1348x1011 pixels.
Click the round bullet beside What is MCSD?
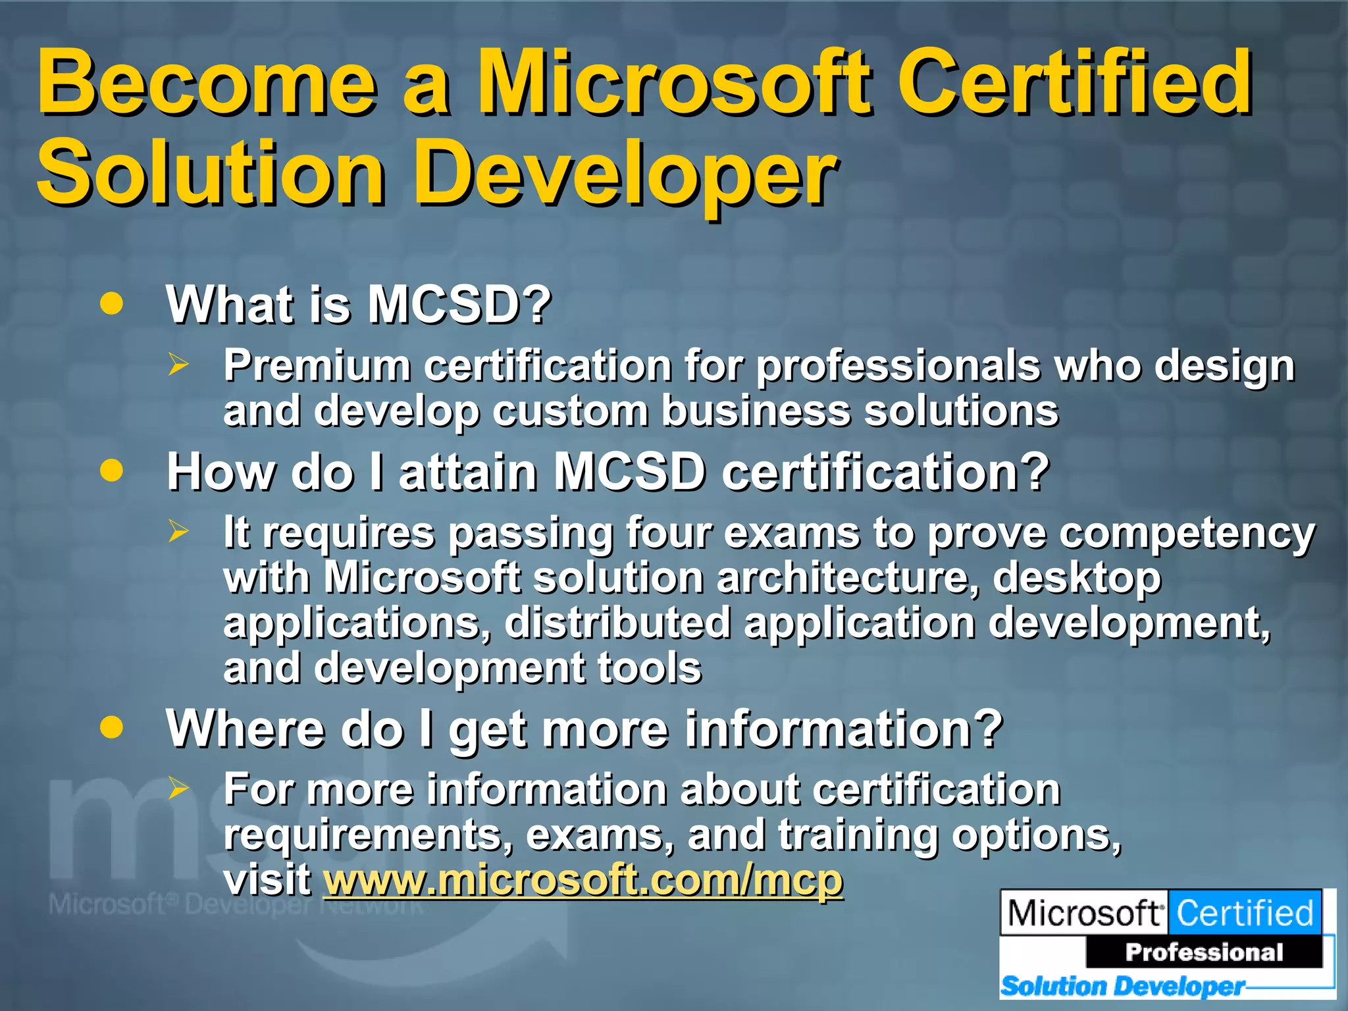[x=112, y=303]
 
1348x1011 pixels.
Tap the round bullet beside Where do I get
[x=112, y=727]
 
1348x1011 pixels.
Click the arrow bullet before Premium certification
[x=178, y=364]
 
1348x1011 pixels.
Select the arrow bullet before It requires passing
[x=178, y=531]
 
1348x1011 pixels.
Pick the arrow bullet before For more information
[x=178, y=787]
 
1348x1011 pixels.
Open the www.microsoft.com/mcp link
[x=583, y=879]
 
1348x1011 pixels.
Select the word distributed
[x=617, y=622]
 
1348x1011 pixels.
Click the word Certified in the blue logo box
[x=1244, y=913]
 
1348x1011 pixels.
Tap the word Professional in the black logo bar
[x=1204, y=952]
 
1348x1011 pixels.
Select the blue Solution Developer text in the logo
[x=1122, y=986]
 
